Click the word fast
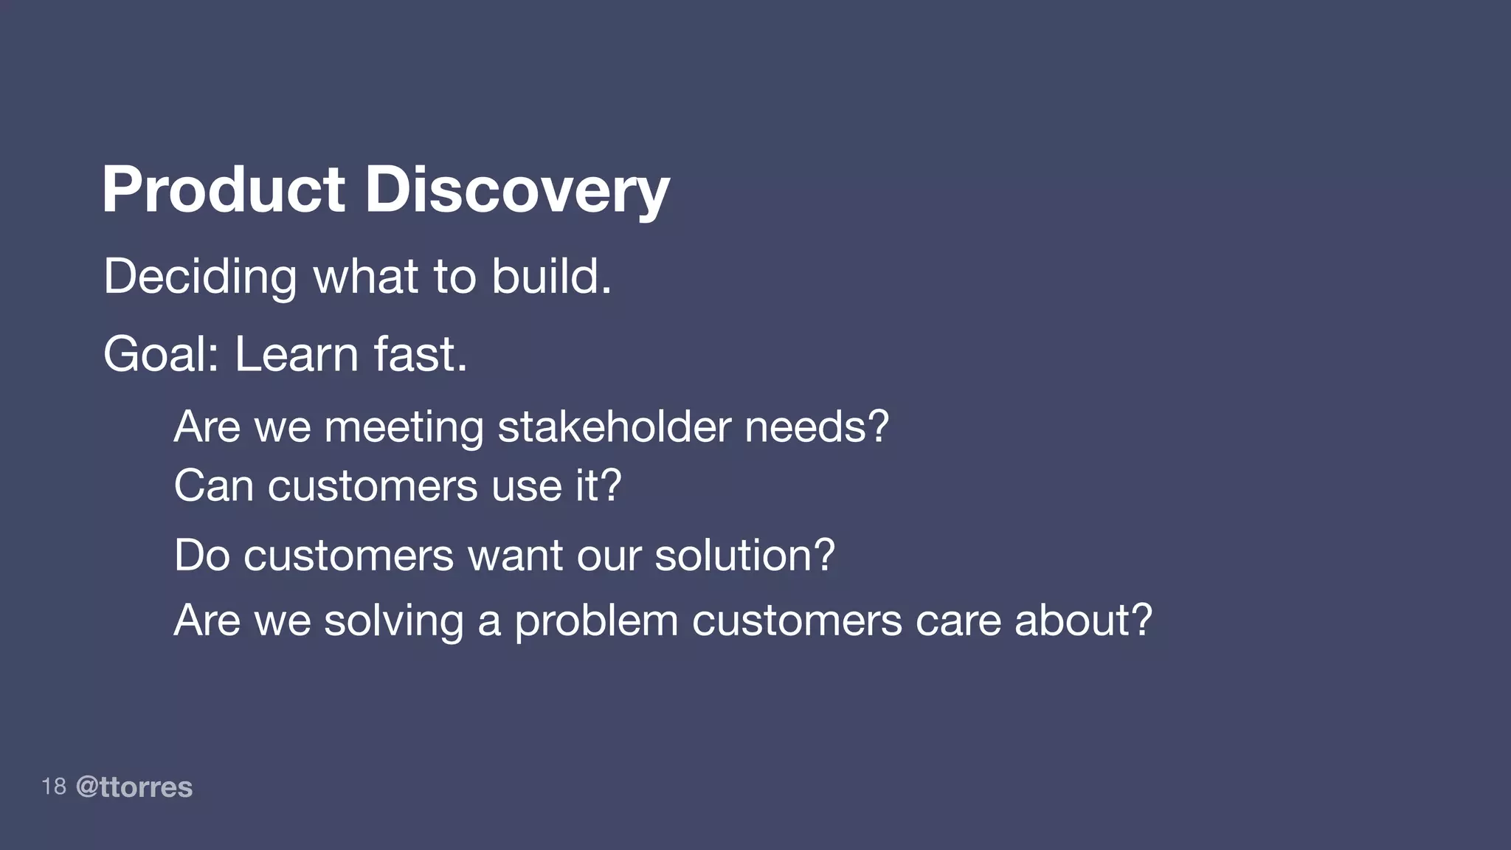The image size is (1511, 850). point(420,355)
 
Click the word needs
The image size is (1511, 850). point(816,426)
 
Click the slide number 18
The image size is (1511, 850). point(54,787)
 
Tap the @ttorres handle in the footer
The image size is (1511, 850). point(134,787)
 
